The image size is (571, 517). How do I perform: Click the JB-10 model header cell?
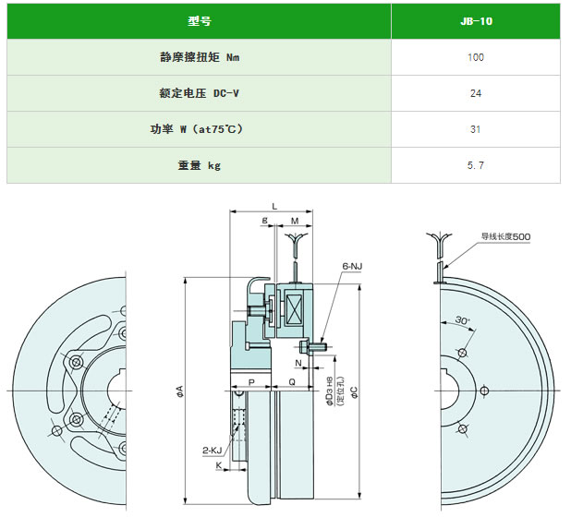click(x=476, y=21)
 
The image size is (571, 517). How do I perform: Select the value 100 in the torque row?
click(x=476, y=57)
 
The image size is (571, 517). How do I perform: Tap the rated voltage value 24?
click(x=476, y=93)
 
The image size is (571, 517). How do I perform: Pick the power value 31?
click(x=475, y=129)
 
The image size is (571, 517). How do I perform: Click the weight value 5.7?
click(x=476, y=165)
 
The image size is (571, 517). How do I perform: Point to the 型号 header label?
click(x=200, y=21)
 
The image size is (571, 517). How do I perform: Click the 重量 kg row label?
click(x=200, y=165)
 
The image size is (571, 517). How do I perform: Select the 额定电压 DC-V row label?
click(x=200, y=93)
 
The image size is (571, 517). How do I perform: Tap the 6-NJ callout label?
click(x=352, y=266)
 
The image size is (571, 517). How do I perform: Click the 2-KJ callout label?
click(x=212, y=451)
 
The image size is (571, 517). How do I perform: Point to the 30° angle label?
click(x=463, y=320)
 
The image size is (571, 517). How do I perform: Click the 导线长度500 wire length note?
click(x=505, y=236)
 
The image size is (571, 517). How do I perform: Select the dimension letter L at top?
click(x=274, y=207)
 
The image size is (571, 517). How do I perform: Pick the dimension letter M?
click(x=295, y=221)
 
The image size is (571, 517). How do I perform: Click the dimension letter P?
click(x=251, y=382)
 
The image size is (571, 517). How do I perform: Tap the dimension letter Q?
click(x=292, y=381)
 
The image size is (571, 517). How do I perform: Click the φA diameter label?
click(x=180, y=391)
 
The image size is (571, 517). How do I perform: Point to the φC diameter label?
click(x=354, y=391)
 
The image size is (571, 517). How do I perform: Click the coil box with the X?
click(x=294, y=308)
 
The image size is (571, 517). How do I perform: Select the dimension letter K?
click(x=218, y=465)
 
